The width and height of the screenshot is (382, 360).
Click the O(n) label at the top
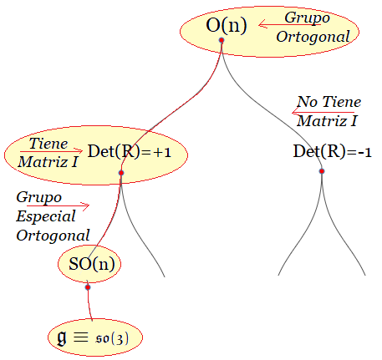[227, 25]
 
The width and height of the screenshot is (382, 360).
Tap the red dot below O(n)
[222, 40]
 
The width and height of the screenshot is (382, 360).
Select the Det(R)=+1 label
[130, 152]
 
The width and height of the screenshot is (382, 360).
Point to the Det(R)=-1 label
[332, 152]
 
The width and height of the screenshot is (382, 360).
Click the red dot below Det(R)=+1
[121, 173]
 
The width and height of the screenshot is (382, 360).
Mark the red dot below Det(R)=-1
[322, 171]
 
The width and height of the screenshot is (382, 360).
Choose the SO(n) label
[92, 264]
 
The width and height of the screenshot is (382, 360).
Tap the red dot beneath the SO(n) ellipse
[88, 287]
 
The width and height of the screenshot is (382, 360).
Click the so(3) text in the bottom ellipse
[112, 338]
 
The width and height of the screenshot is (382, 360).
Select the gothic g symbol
[62, 337]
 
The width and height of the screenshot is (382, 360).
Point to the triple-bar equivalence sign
[81, 337]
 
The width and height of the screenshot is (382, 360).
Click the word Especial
[46, 216]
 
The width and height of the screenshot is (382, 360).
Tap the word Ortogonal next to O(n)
[313, 37]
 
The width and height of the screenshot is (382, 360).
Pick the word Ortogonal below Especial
[53, 236]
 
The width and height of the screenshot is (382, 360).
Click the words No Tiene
[329, 102]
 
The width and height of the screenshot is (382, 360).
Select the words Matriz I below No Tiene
[327, 121]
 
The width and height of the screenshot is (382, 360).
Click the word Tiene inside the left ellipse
[48, 144]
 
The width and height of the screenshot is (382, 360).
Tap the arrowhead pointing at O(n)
[262, 24]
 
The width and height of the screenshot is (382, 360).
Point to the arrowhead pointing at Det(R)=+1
[79, 151]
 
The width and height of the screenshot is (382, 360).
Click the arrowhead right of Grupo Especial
[86, 205]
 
